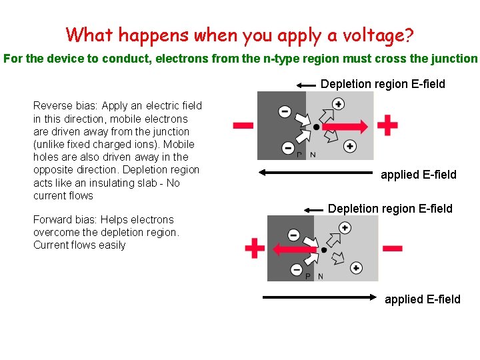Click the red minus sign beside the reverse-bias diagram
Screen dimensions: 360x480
point(243,125)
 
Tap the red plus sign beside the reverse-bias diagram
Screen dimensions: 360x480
point(387,125)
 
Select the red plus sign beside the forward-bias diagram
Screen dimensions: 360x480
point(254,249)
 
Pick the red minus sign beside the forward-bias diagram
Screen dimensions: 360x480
point(392,248)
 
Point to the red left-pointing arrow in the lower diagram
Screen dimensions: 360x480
point(297,249)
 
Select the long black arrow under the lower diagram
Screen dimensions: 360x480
point(321,298)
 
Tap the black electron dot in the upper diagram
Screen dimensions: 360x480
point(317,127)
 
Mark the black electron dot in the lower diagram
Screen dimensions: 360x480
point(324,250)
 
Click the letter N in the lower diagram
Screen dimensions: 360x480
point(321,277)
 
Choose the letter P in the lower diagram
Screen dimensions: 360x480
point(307,277)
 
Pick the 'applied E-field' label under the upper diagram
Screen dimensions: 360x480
point(419,175)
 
